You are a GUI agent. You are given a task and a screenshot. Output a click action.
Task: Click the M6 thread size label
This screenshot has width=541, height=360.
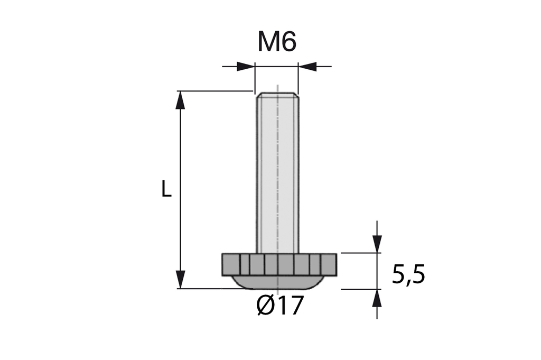[277, 42]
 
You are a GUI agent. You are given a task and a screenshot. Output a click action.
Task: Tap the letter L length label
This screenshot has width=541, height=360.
[166, 189]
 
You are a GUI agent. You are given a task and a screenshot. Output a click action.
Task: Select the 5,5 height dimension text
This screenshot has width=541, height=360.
[408, 275]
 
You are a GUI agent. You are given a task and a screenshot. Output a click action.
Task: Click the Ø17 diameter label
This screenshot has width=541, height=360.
[280, 305]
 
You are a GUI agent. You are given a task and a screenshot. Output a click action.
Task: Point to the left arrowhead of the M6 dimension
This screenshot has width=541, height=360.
[246, 66]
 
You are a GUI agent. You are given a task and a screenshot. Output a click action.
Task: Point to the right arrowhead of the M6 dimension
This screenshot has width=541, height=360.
[307, 66]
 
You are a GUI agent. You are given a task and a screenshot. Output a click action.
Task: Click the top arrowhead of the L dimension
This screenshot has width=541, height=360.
[180, 100]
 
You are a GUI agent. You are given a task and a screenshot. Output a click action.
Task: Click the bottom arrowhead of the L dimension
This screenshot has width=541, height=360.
[180, 279]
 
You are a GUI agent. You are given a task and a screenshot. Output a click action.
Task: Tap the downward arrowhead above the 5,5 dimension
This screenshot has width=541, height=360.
[377, 244]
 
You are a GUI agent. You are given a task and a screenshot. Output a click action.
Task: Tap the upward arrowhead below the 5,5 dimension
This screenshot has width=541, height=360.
[377, 298]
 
